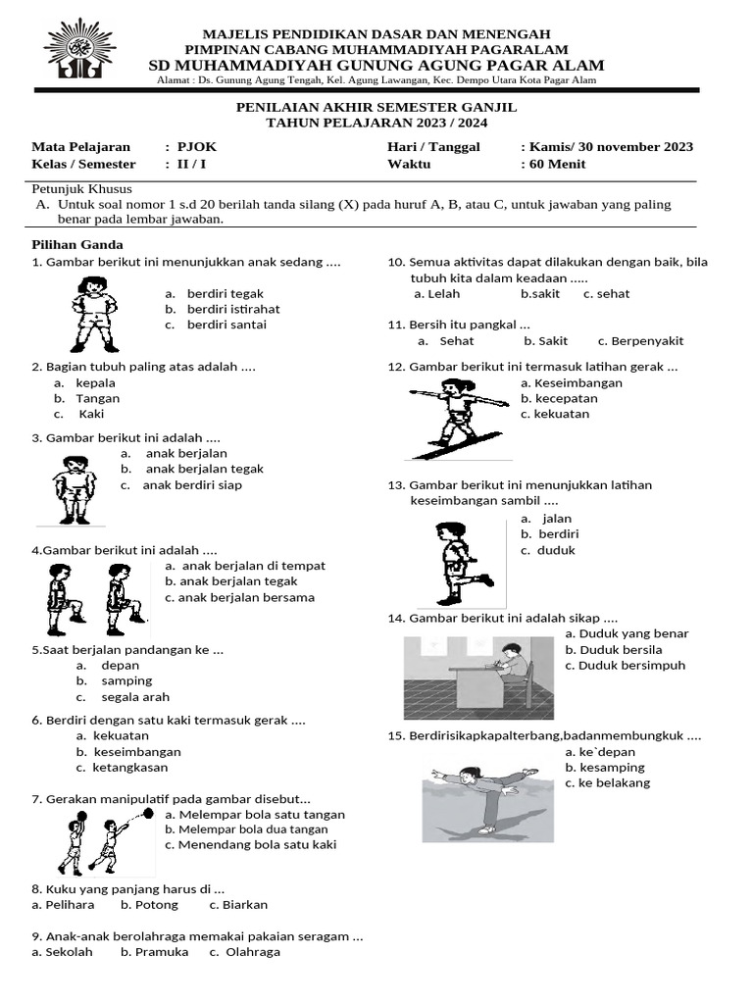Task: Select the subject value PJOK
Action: pos(196,147)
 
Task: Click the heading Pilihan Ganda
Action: pos(77,244)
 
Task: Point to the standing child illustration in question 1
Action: pos(94,313)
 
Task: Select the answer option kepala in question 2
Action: pos(95,382)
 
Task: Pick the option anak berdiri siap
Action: pos(192,484)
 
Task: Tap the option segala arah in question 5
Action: pos(135,697)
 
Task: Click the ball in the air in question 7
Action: pos(148,813)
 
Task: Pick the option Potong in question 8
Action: pos(157,905)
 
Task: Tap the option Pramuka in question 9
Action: pos(162,952)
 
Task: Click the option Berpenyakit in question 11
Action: pos(647,341)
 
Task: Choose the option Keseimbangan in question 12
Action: pos(572,382)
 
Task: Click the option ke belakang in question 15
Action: pos(615,783)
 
